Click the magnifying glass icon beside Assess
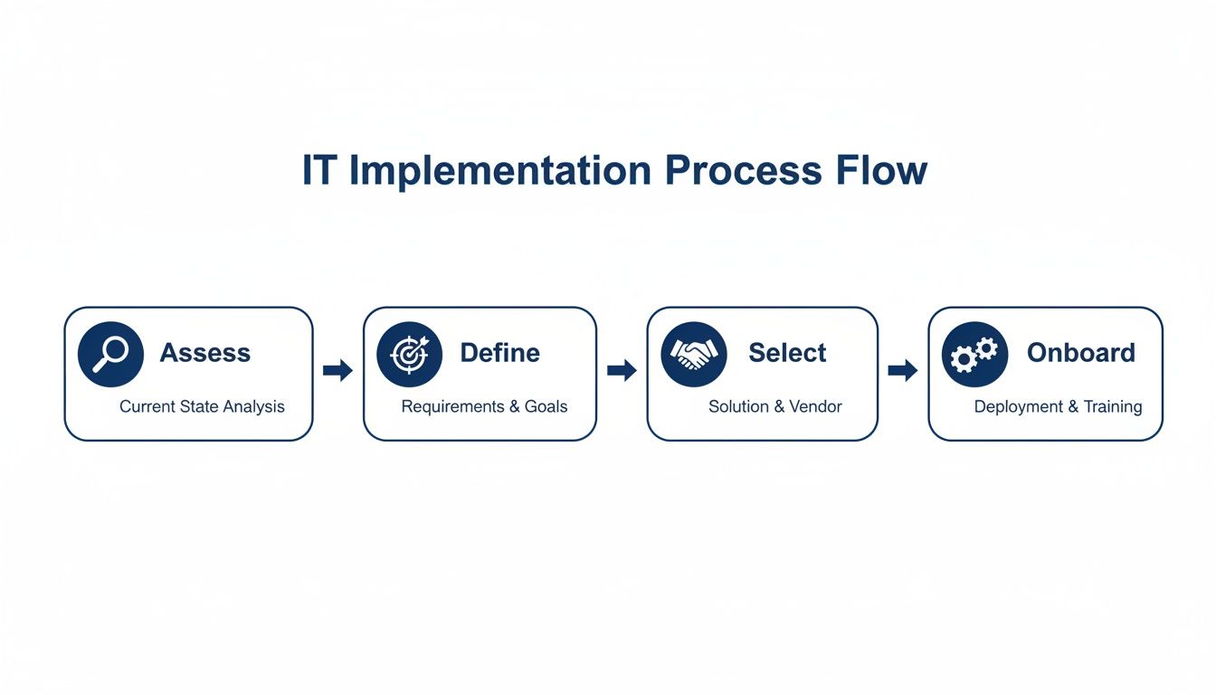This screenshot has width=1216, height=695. pyautogui.click(x=110, y=354)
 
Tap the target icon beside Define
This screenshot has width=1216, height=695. pyautogui.click(x=409, y=354)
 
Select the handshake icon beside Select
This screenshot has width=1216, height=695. pyautogui.click(x=694, y=354)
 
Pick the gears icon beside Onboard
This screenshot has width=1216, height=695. pyautogui.click(x=974, y=354)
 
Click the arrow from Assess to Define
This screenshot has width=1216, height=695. pyautogui.click(x=337, y=370)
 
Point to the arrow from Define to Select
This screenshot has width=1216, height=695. pyautogui.click(x=622, y=370)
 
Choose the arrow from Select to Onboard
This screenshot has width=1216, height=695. pyautogui.click(x=903, y=370)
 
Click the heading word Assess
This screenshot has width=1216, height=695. pyautogui.click(x=204, y=353)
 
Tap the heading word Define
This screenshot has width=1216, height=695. pyautogui.click(x=499, y=353)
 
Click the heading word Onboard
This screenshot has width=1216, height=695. pyautogui.click(x=1080, y=353)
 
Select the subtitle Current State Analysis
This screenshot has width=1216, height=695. pyautogui.click(x=202, y=407)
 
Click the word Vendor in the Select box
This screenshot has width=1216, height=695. pyautogui.click(x=815, y=407)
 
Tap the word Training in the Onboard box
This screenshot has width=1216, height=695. pyautogui.click(x=1112, y=407)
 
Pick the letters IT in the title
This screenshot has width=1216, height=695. pyautogui.click(x=318, y=172)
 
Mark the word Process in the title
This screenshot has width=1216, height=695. pyautogui.click(x=737, y=172)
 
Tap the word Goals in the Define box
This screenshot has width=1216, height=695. pyautogui.click(x=546, y=407)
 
